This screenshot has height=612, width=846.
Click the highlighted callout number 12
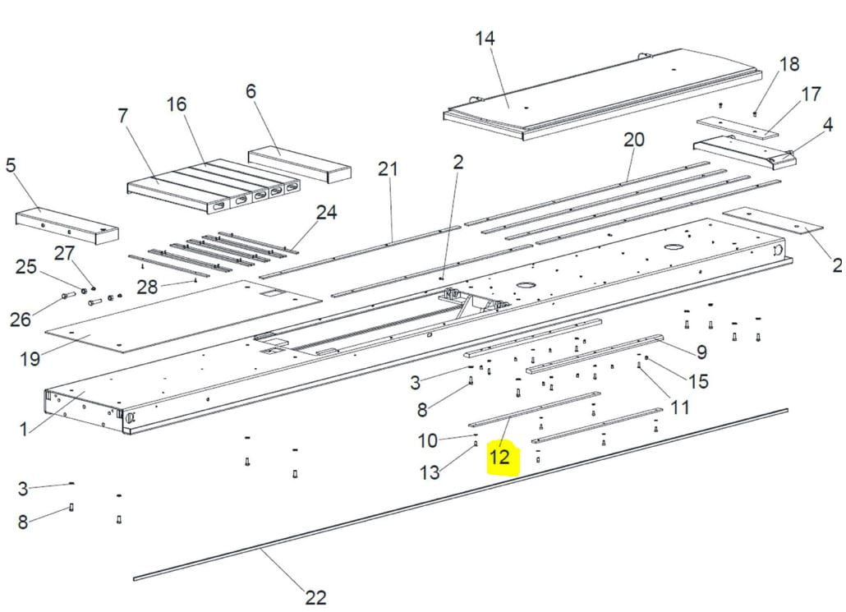pyautogui.click(x=499, y=457)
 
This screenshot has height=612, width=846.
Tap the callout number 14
pyautogui.click(x=485, y=39)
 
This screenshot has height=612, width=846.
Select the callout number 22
pyautogui.click(x=315, y=597)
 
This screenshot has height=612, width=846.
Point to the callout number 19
pyautogui.click(x=30, y=358)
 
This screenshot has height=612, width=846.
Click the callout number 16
pyautogui.click(x=177, y=104)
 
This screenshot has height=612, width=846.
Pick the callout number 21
pyautogui.click(x=388, y=169)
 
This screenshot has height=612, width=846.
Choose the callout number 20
pyautogui.click(x=634, y=140)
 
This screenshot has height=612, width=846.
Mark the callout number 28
pyautogui.click(x=147, y=288)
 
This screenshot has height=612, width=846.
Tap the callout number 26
pyautogui.click(x=21, y=320)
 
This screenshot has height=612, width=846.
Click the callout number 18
pyautogui.click(x=789, y=64)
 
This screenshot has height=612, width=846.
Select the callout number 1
pyautogui.click(x=23, y=430)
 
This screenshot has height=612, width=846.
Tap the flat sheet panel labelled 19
pyautogui.click(x=183, y=315)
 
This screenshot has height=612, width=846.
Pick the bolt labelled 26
pyautogui.click(x=69, y=295)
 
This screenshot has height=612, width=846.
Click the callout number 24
pyautogui.click(x=326, y=213)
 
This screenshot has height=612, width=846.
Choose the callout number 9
pyautogui.click(x=701, y=352)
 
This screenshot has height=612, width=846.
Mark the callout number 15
pyautogui.click(x=698, y=381)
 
